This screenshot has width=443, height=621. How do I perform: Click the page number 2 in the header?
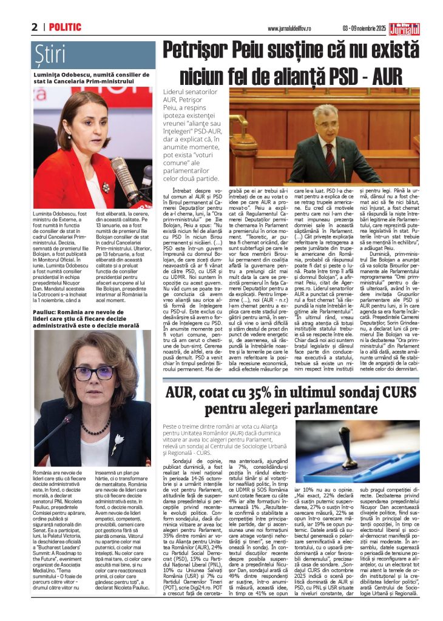coord(35,27)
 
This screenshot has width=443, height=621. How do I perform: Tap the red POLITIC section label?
coord(66,27)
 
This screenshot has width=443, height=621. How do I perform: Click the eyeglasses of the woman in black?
coord(93,372)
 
